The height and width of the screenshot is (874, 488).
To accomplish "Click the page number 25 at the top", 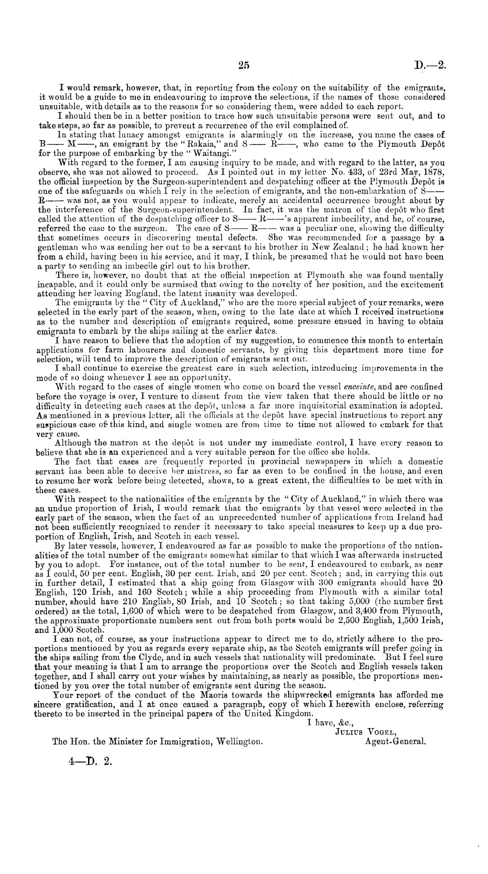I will coord(244,65).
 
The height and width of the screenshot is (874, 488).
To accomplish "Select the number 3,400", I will coord(372,610).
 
